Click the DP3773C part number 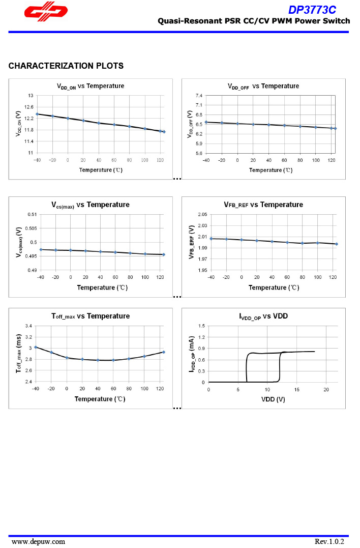(312, 10)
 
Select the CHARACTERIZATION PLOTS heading (66, 66)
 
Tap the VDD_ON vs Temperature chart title (90, 86)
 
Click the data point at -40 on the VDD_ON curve (37, 114)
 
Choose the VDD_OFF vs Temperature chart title (263, 86)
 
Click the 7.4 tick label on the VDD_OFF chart (198, 96)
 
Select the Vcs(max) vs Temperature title (90, 205)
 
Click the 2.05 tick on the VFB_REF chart (202, 214)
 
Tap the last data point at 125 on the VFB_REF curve (337, 244)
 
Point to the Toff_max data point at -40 (36, 347)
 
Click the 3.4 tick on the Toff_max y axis (28, 326)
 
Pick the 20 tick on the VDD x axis (326, 389)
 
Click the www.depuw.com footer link (38, 541)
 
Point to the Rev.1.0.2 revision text (329, 541)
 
